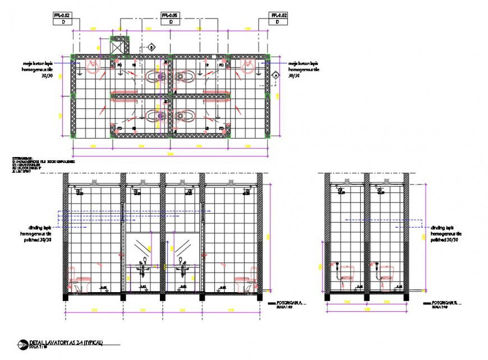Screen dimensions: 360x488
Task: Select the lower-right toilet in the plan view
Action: pyautogui.click(x=185, y=116)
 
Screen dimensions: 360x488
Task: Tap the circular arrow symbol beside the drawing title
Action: pyautogui.click(x=22, y=344)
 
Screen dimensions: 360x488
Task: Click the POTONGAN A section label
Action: pyautogui.click(x=288, y=303)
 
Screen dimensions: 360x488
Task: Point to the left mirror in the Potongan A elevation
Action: pyautogui.click(x=143, y=245)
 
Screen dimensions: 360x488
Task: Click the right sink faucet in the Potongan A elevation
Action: pyautogui.click(x=182, y=261)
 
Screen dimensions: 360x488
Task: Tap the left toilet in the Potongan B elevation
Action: pyautogui.click(x=346, y=274)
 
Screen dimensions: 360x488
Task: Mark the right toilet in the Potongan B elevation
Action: pyautogui.click(x=386, y=274)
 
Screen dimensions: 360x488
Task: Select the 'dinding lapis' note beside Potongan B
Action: pyautogui.click(x=445, y=233)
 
